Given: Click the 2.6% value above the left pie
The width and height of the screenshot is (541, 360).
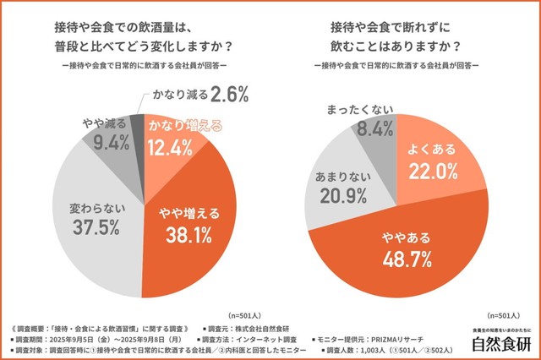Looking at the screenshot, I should (x=207, y=91).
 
